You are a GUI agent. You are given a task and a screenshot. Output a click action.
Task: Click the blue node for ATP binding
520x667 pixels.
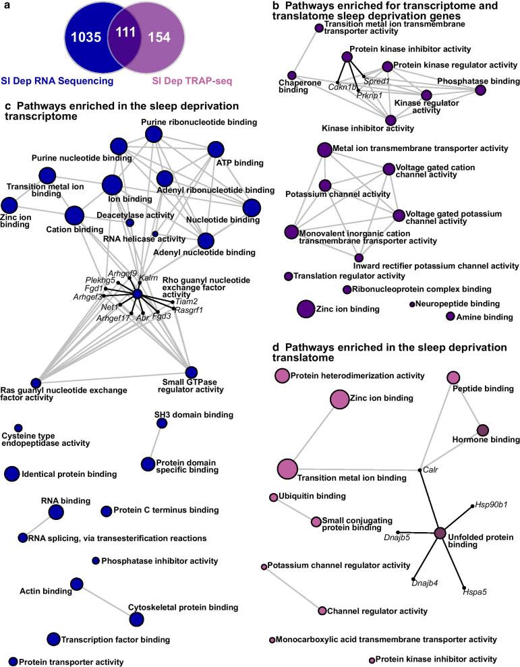point(216,149)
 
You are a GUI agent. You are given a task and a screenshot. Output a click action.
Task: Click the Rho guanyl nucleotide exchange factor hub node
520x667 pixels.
point(137,295)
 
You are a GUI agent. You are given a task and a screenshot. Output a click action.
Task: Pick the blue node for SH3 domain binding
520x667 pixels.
point(161,423)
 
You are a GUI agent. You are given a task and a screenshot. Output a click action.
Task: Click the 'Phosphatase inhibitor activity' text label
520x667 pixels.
point(159,560)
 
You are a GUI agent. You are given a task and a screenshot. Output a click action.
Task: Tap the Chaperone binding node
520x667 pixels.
point(292,75)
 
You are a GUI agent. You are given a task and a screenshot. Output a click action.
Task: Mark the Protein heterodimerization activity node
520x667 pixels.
point(281,375)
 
